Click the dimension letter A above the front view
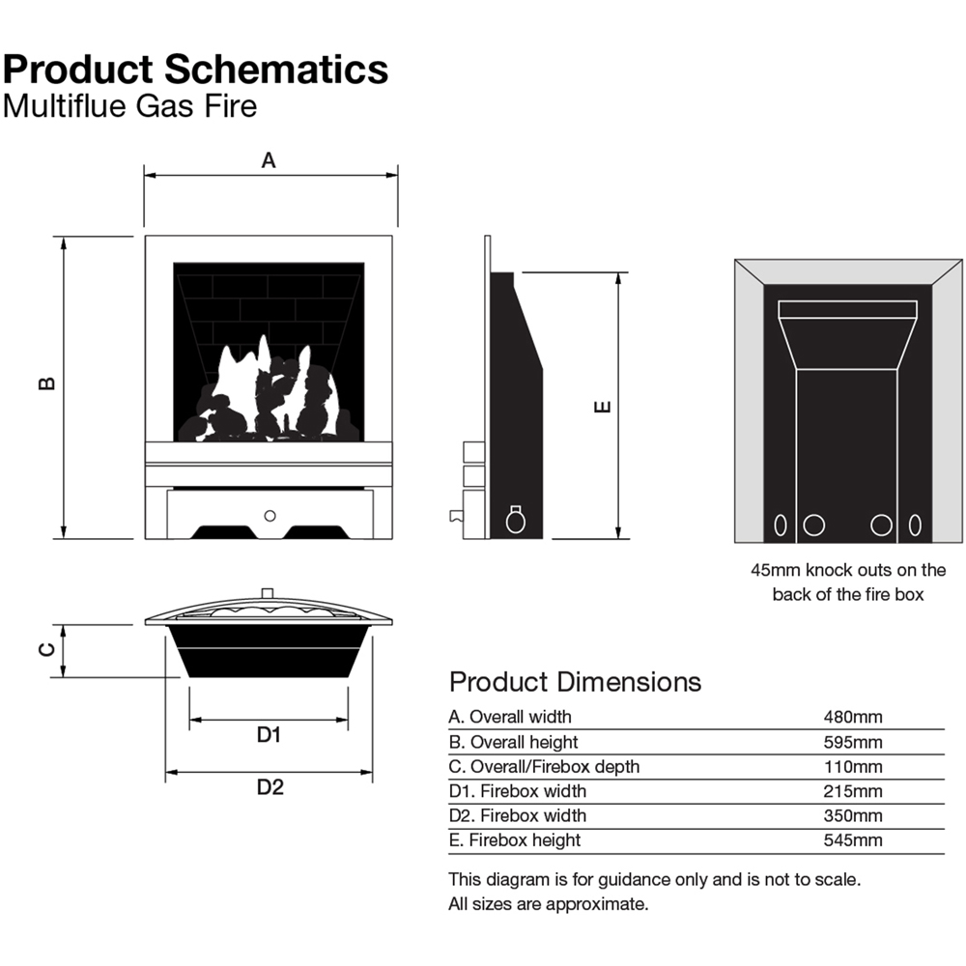(x=268, y=160)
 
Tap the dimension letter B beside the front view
(x=47, y=384)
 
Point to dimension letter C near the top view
(x=47, y=649)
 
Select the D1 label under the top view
(x=270, y=734)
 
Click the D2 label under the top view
(x=270, y=786)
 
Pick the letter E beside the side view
(x=603, y=407)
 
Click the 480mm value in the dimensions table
(x=853, y=717)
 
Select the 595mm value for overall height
(x=853, y=742)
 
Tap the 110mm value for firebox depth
(x=853, y=766)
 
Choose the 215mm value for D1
(x=853, y=791)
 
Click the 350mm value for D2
(x=853, y=815)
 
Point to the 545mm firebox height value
(x=853, y=840)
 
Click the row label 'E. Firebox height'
(x=515, y=840)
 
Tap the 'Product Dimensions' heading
(x=575, y=682)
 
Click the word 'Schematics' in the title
(x=276, y=69)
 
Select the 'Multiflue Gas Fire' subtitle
(x=130, y=106)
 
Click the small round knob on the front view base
(x=270, y=516)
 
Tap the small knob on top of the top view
(x=268, y=593)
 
